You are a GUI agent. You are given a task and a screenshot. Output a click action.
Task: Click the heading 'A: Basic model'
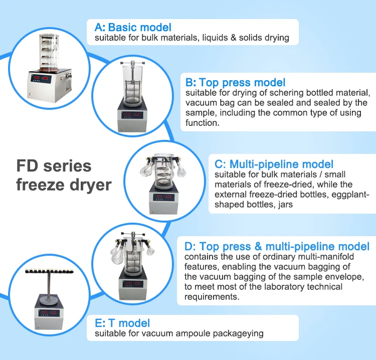click(133, 28)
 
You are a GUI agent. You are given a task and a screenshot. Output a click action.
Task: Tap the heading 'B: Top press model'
click(235, 82)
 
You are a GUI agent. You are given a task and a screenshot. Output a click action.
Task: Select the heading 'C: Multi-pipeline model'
click(274, 164)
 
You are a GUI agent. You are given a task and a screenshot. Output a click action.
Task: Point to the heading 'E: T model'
click(122, 323)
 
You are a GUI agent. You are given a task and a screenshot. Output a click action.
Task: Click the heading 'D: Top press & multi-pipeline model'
click(277, 246)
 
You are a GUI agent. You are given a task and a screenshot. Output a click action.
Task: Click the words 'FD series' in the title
click(54, 166)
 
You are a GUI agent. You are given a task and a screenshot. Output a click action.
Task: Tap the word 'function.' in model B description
click(203, 123)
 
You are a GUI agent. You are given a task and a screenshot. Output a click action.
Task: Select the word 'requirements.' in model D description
click(212, 297)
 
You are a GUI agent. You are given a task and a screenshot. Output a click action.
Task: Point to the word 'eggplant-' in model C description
click(350, 195)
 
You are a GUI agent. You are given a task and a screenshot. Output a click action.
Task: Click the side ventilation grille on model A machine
click(69, 86)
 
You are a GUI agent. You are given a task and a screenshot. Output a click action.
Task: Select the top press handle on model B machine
click(133, 63)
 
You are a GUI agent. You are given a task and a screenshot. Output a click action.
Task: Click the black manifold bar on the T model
click(49, 271)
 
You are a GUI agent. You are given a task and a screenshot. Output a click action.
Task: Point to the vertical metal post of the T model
click(49, 286)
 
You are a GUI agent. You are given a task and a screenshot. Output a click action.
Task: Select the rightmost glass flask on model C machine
click(181, 170)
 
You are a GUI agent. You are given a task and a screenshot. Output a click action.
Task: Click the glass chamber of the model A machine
click(49, 52)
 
